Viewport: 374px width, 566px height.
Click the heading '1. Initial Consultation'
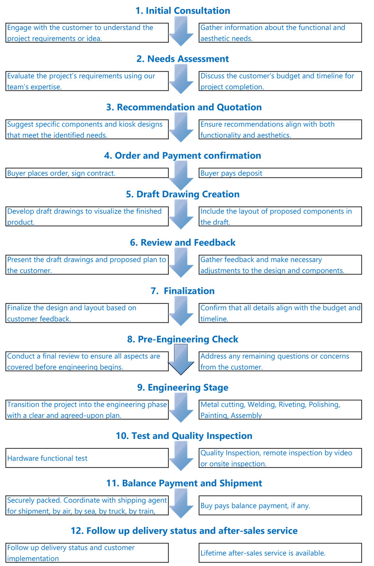[183, 10]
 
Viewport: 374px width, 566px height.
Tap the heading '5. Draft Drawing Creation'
[183, 194]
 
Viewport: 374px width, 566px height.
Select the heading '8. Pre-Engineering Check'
[183, 339]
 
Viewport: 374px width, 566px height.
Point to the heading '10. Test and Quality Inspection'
[184, 436]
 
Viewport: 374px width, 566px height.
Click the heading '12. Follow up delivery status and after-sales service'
[184, 531]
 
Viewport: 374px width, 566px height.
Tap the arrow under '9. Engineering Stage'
[181, 408]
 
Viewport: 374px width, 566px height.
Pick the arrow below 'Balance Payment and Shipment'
[181, 504]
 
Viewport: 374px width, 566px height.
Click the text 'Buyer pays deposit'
[231, 173]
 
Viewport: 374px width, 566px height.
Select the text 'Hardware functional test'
[47, 458]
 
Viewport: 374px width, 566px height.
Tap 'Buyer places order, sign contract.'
[61, 173]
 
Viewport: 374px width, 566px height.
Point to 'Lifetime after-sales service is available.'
[263, 553]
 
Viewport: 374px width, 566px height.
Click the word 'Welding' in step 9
[261, 405]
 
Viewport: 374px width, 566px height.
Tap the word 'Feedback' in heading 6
[215, 242]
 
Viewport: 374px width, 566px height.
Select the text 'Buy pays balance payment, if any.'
[255, 506]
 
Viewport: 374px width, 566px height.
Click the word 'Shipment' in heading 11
[241, 483]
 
